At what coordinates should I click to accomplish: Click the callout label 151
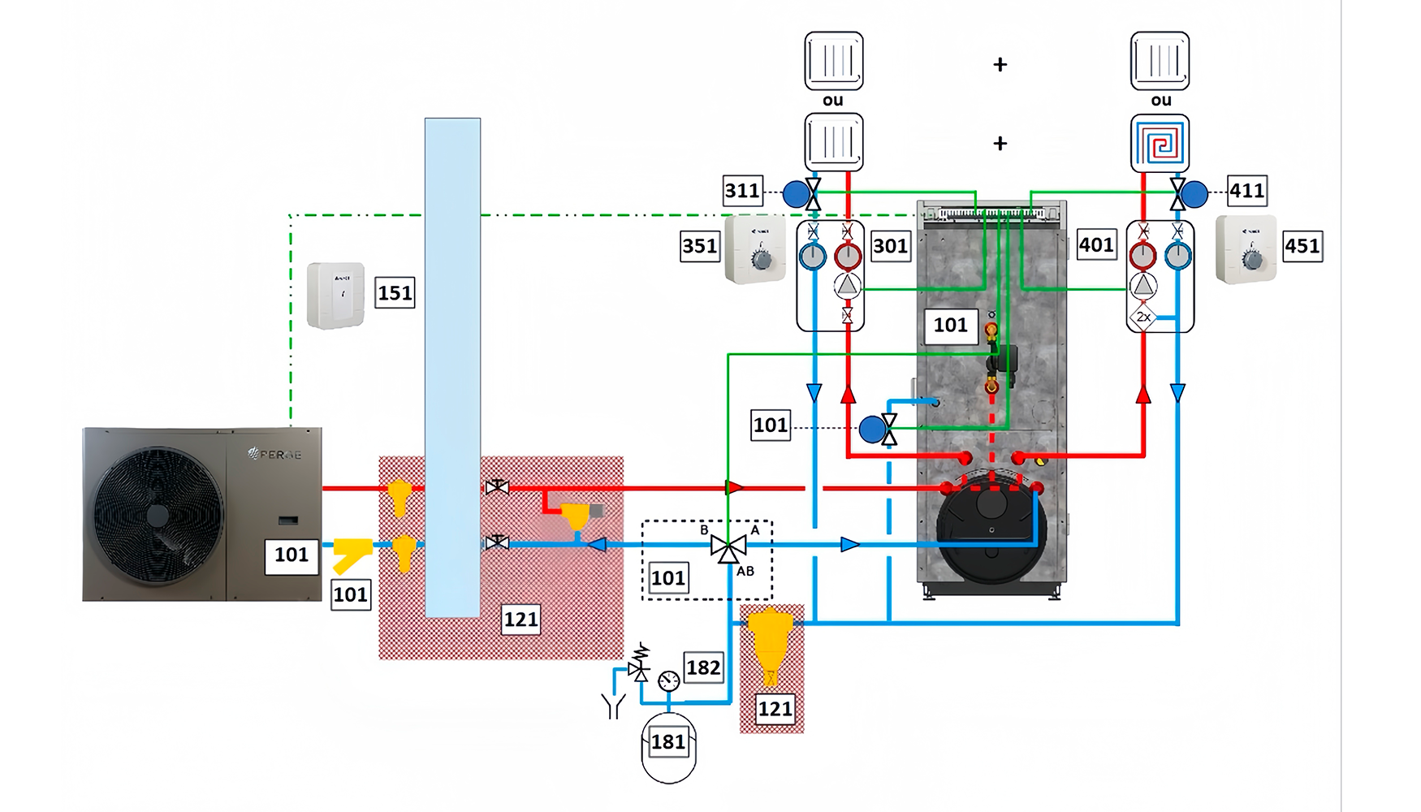[x=395, y=293]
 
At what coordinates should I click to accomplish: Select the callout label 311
[x=742, y=192]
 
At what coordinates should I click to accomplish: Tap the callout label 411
[x=1246, y=192]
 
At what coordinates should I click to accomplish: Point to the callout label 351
[x=700, y=246]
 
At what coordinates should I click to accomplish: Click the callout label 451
[x=1302, y=246]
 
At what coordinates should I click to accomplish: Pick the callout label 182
[x=703, y=668]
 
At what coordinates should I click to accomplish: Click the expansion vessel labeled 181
[x=668, y=747]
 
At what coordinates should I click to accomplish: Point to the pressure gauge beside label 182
[x=669, y=680]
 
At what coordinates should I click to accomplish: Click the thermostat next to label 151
[x=335, y=296]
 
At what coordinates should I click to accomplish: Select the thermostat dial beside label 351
[x=761, y=260]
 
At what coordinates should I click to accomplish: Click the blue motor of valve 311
[x=796, y=194]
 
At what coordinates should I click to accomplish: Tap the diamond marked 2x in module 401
[x=1143, y=317]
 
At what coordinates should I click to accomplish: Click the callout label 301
[x=890, y=246]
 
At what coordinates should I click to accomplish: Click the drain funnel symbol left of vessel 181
[x=613, y=706]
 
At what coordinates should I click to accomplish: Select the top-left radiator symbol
[x=833, y=61]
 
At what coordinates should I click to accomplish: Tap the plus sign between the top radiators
[x=1000, y=65]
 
